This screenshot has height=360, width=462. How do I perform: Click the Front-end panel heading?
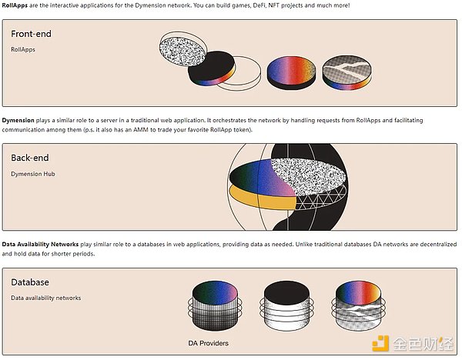click(32, 34)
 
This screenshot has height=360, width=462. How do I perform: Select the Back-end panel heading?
click(30, 158)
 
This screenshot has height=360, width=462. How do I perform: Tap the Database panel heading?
click(30, 282)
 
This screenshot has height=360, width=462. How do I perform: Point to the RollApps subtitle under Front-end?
click(23, 49)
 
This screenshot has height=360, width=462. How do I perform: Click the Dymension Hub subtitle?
click(33, 174)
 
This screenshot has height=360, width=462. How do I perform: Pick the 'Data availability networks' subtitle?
click(45, 298)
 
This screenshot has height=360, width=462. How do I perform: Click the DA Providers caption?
click(208, 342)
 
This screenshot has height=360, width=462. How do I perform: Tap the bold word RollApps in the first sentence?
click(18, 5)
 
